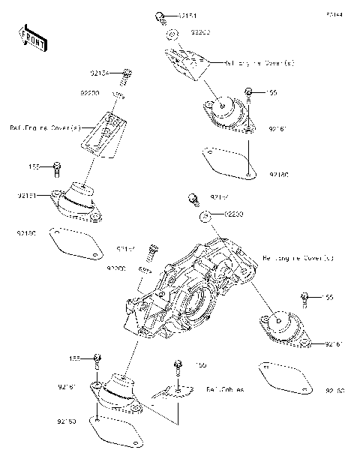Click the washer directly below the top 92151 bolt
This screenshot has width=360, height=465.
[172, 34]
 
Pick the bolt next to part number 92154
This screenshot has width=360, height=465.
[127, 73]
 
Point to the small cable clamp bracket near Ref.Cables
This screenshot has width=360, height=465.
[168, 392]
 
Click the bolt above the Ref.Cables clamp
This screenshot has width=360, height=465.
[178, 366]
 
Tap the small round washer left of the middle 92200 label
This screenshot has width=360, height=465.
[204, 216]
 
